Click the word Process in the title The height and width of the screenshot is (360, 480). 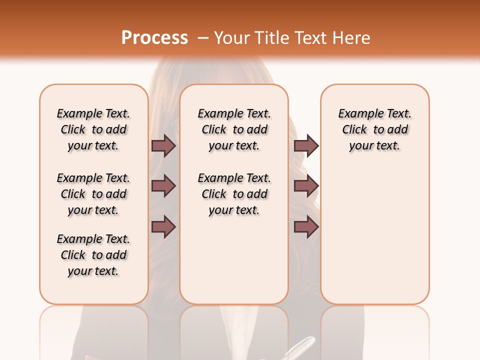pyautogui.click(x=154, y=38)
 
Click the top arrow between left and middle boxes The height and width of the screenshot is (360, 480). pyautogui.click(x=163, y=145)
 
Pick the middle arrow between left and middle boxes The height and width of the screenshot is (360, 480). pyautogui.click(x=163, y=186)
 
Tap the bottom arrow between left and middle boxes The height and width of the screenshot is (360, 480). pyautogui.click(x=163, y=227)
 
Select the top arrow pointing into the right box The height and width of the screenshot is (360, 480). pyautogui.click(x=306, y=145)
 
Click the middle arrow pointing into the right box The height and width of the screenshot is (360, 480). pyautogui.click(x=306, y=186)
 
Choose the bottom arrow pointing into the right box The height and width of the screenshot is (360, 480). pyautogui.click(x=306, y=227)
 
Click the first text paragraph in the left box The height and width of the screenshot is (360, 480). pyautogui.click(x=93, y=129)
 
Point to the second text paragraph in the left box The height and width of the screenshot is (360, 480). pyautogui.click(x=93, y=194)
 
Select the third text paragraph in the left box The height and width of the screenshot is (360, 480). pyautogui.click(x=93, y=255)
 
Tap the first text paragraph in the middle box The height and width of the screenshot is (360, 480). pyautogui.click(x=234, y=129)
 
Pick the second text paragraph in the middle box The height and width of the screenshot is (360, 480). pyautogui.click(x=234, y=194)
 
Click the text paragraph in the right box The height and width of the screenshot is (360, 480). pyautogui.click(x=374, y=129)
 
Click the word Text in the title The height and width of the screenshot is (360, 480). pyautogui.click(x=309, y=38)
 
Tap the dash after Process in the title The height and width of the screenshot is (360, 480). pyautogui.click(x=202, y=38)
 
